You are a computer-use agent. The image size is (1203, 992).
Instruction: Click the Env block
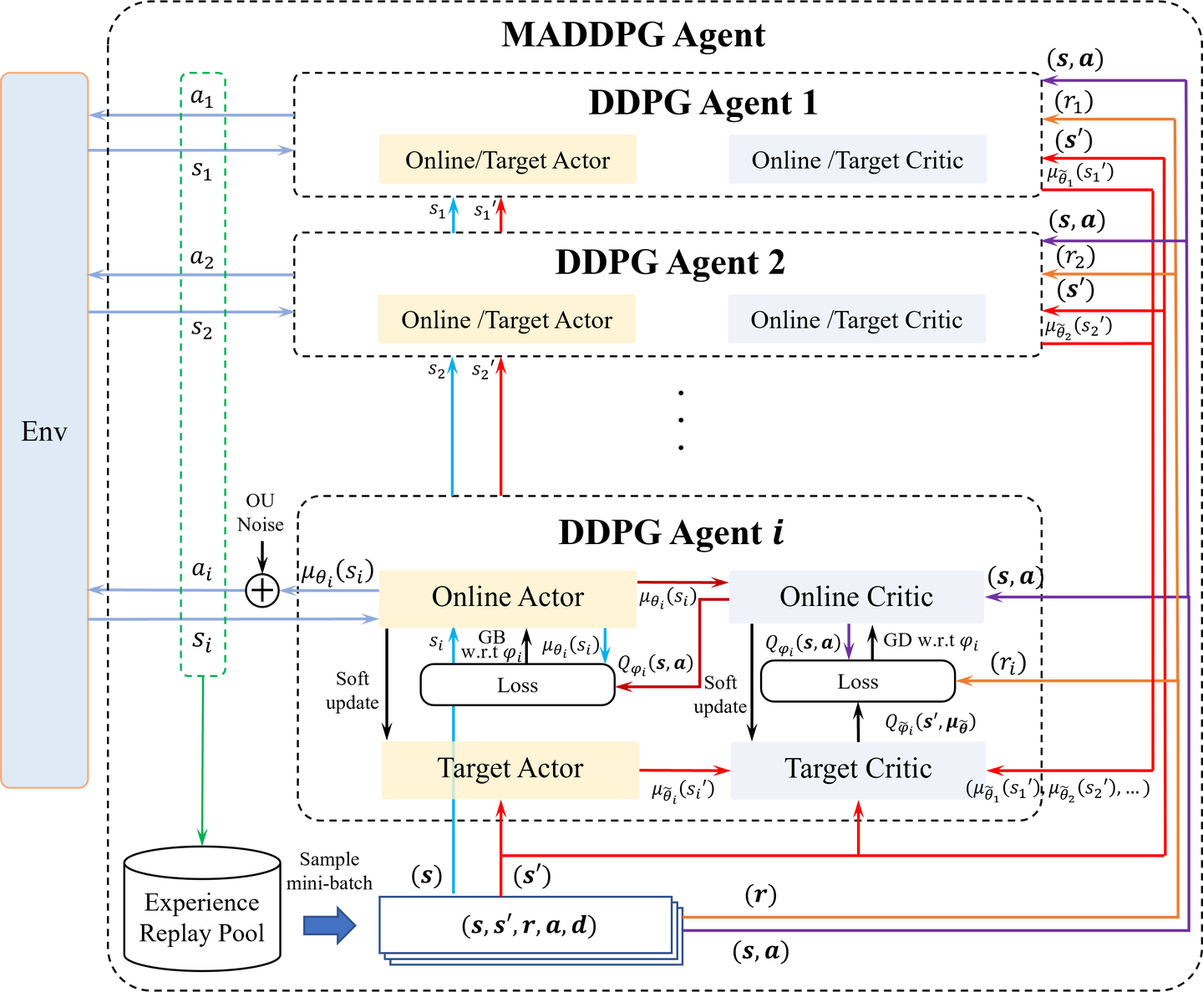pos(44,430)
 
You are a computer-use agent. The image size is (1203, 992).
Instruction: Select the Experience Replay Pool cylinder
pos(202,909)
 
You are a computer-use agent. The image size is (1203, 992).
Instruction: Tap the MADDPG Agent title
pos(633,34)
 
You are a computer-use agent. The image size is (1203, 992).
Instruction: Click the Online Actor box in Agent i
pos(508,598)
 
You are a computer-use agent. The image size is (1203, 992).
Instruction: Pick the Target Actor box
pos(510,770)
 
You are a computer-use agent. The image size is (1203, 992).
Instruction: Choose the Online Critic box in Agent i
pos(856,597)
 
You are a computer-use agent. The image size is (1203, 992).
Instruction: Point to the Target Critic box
pos(858,770)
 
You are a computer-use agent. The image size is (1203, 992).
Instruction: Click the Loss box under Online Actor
pos(517,684)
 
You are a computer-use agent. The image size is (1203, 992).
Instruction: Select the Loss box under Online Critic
pos(858,681)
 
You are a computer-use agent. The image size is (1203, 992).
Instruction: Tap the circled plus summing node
pos(262,591)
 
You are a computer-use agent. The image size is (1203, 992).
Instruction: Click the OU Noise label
pos(261,512)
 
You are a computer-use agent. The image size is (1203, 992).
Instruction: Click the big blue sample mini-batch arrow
pos(329,926)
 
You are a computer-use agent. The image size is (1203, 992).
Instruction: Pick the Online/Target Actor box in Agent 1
pos(508,160)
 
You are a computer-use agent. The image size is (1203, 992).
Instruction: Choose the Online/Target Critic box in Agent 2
pos(857,319)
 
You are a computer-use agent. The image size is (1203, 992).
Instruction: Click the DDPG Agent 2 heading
pos(670,262)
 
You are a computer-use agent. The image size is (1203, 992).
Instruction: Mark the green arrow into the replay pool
pos(202,761)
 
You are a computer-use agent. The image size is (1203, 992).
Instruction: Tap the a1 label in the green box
pos(201,97)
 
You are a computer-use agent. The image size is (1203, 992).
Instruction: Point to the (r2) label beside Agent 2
pos(1075,257)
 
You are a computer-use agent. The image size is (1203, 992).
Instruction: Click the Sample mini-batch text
pos(329,871)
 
